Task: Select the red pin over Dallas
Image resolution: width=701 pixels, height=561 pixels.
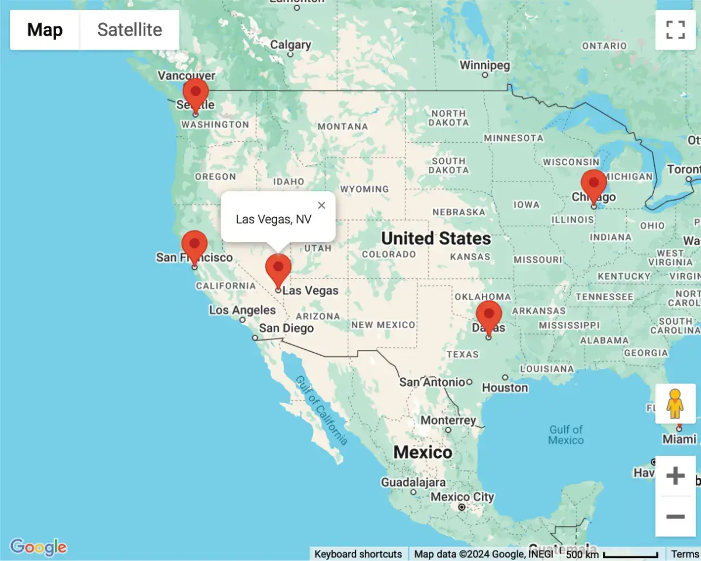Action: pyautogui.click(x=488, y=315)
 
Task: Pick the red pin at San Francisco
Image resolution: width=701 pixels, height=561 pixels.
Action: pyautogui.click(x=195, y=245)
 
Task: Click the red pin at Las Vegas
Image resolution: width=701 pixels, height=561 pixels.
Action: pyautogui.click(x=278, y=269)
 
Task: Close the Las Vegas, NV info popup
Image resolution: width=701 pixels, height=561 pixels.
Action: pyautogui.click(x=321, y=205)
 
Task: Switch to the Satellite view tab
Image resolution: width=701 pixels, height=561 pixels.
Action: pyautogui.click(x=130, y=30)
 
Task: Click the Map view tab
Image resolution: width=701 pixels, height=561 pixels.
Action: pyautogui.click(x=45, y=30)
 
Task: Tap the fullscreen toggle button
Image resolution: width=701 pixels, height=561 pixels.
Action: pyautogui.click(x=675, y=30)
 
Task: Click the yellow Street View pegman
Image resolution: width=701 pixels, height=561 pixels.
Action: pyautogui.click(x=675, y=404)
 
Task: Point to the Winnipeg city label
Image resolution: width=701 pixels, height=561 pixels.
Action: pyautogui.click(x=485, y=65)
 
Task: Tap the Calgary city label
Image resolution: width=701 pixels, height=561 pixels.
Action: pyautogui.click(x=290, y=45)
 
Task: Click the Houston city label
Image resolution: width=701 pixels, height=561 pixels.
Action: pyautogui.click(x=505, y=387)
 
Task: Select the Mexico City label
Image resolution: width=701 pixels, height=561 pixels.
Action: pyautogui.click(x=462, y=497)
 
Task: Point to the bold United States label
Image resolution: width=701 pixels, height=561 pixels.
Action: pyautogui.click(x=436, y=238)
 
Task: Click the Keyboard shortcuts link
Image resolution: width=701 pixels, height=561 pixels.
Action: pyautogui.click(x=358, y=554)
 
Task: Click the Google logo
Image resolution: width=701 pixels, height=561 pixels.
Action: pyautogui.click(x=39, y=547)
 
